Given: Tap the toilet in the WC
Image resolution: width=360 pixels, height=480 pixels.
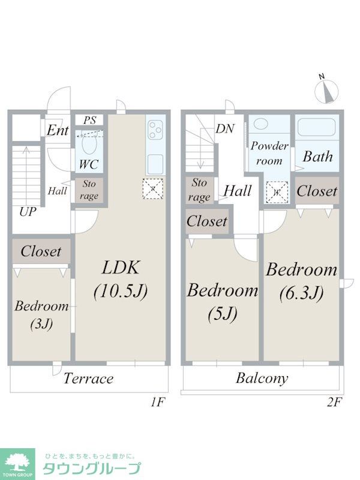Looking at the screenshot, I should coord(88,145).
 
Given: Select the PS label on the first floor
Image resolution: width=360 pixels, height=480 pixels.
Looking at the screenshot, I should coord(89,120).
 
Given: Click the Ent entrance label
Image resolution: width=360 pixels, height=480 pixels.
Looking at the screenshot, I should coord(58,131).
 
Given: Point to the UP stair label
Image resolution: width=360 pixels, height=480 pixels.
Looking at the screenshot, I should coord(27,211).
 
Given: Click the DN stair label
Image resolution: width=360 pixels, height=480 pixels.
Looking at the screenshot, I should coord(225,128).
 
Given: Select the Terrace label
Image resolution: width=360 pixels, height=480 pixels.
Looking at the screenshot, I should coord(88,379).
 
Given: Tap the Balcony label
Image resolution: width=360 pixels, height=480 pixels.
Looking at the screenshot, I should coord(262,379).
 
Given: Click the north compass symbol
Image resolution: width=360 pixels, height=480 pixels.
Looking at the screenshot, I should coord(326,90).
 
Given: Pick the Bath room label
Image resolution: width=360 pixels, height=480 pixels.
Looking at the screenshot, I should coord(317,157).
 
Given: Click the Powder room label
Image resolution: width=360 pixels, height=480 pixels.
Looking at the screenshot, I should coord(269,153).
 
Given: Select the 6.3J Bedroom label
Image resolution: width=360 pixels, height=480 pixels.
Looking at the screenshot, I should coord(302,280).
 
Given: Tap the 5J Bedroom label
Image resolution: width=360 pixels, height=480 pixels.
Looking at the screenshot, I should coord(223,301).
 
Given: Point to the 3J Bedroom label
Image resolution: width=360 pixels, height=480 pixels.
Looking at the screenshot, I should coord(41,315).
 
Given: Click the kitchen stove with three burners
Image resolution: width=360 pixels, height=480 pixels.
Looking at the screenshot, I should coord(155,130).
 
